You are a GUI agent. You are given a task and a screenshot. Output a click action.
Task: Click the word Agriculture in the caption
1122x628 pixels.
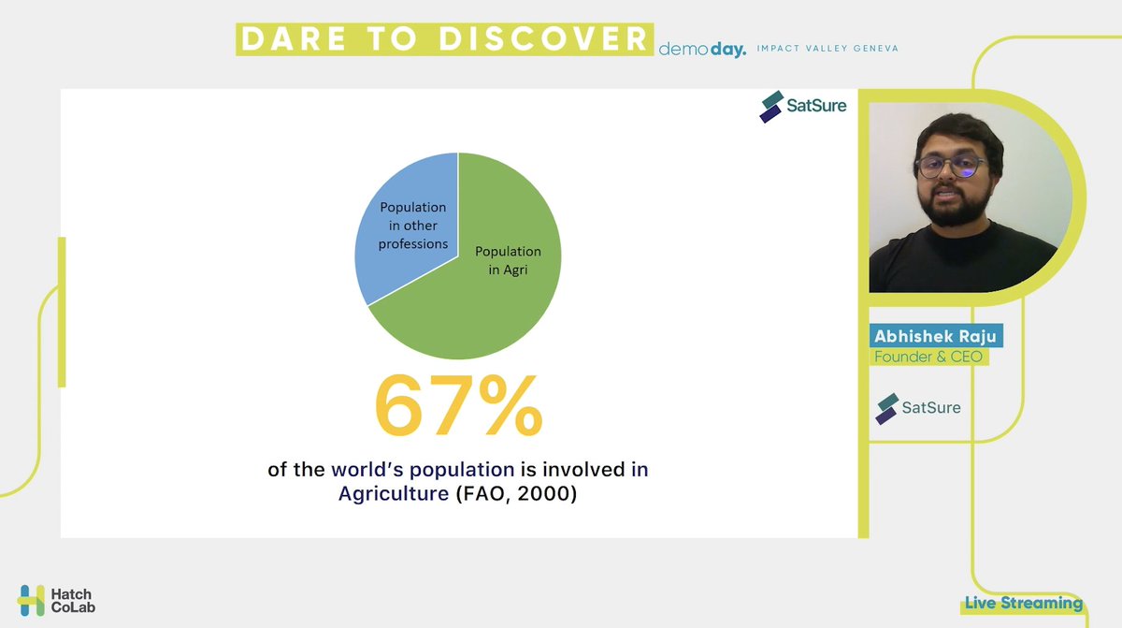click(394, 492)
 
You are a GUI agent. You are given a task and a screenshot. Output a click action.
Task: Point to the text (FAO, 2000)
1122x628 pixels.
click(516, 492)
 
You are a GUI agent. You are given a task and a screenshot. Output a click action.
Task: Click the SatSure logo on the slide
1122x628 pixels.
click(803, 106)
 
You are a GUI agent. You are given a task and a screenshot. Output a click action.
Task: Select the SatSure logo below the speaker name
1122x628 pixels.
click(917, 408)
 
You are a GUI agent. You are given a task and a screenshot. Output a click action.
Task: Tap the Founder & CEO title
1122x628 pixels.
click(928, 357)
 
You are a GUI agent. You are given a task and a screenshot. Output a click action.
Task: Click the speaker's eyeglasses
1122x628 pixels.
click(950, 167)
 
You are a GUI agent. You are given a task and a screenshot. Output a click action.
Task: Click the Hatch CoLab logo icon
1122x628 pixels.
click(32, 600)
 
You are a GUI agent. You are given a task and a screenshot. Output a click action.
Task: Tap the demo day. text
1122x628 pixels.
click(702, 48)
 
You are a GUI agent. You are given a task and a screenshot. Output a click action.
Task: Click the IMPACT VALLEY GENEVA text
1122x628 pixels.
click(827, 48)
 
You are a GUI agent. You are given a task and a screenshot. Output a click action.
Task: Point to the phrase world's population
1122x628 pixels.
click(423, 469)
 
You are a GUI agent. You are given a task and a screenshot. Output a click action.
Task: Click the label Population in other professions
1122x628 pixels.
click(412, 226)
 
